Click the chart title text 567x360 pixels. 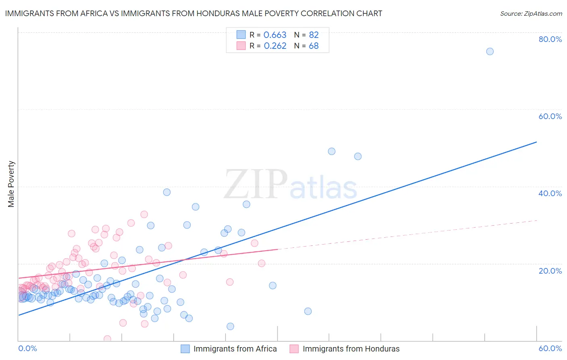click(x=194, y=13)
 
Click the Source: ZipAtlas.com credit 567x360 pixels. click(x=531, y=13)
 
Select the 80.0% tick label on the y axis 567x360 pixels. click(x=550, y=39)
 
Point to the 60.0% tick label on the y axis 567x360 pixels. click(x=550, y=116)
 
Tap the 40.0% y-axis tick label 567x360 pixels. click(x=550, y=193)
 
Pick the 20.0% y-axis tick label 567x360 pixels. click(x=550, y=271)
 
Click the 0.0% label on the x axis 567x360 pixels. click(x=27, y=348)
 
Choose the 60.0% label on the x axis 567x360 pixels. click(x=550, y=348)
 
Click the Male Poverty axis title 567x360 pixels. click(x=11, y=184)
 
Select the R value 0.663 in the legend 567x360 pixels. click(x=275, y=35)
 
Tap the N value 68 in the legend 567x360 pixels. click(x=313, y=46)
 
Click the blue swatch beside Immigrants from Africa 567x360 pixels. click(x=185, y=349)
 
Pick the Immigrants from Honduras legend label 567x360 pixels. click(x=351, y=349)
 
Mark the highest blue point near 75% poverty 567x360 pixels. click(x=490, y=51)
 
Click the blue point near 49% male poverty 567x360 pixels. click(x=331, y=151)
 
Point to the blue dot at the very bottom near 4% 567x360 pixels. click(x=230, y=326)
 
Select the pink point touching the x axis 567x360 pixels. click(x=107, y=339)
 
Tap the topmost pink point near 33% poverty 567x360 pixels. click(x=144, y=214)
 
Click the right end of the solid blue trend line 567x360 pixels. click(x=536, y=142)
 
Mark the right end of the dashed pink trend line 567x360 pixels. click(x=537, y=220)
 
